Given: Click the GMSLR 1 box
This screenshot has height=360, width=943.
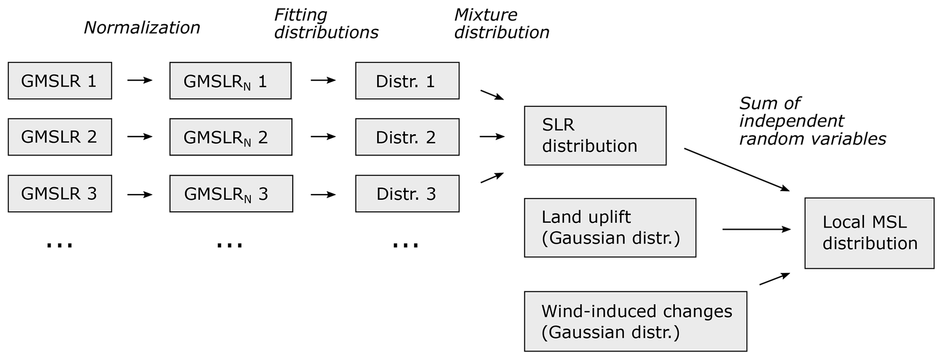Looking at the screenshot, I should pos(60,81).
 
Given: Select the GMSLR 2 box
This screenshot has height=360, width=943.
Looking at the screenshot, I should pos(60,137).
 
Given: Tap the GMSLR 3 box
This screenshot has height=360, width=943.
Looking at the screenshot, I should pos(60,193).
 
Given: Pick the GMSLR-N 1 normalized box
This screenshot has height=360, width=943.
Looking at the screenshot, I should pos(230,81).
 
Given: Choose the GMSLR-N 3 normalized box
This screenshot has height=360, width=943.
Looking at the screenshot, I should pos(231,193).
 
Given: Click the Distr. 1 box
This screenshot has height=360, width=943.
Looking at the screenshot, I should pos(407,81).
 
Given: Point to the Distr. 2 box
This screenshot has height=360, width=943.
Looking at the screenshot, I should pos(407,137).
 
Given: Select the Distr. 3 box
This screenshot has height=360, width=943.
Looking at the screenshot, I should pos(407,193).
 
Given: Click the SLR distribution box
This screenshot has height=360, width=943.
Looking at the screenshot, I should pos(595,136).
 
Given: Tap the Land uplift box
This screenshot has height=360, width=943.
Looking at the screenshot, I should pos(610,228).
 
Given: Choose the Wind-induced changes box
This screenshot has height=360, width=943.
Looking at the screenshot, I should pos(636,321).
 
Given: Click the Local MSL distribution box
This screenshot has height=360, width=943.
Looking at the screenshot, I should pos(869,233).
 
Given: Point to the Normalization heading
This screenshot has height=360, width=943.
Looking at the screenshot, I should pos(142,28).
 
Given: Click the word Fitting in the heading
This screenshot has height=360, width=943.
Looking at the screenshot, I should pos(301,15).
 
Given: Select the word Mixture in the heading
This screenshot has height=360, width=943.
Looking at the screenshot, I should pos(486,15).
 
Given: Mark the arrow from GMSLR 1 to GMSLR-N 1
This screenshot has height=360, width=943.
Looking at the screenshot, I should pos(140,80).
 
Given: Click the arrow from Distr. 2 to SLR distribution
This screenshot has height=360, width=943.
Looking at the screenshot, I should pos(492,136).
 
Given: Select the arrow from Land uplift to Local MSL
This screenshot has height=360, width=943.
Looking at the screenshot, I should pos(756,229).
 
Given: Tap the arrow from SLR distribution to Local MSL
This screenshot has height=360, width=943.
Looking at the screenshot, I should pos(736,169).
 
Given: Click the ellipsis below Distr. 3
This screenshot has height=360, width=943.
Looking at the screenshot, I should pos(406,245).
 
